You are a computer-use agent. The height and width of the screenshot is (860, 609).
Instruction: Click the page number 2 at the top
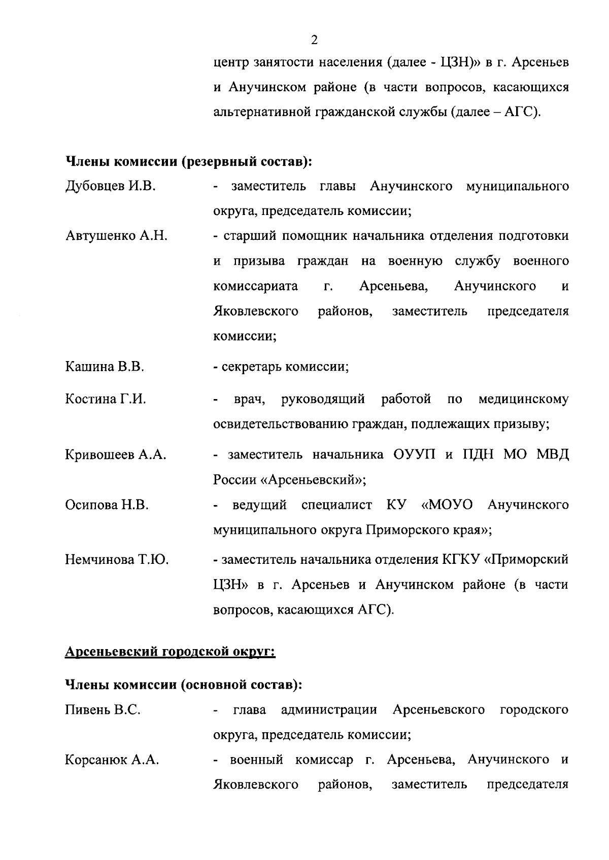pyautogui.click(x=314, y=40)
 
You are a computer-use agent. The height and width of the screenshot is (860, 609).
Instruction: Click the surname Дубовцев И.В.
pyautogui.click(x=110, y=187)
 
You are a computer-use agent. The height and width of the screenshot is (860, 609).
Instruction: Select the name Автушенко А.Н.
pyautogui.click(x=116, y=236)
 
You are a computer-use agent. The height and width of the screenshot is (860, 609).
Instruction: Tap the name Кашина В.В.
pyautogui.click(x=105, y=367)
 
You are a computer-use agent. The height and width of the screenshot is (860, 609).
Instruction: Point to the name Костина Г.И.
pyautogui.click(x=106, y=400)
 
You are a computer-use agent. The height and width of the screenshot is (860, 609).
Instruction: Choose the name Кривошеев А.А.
pyautogui.click(x=116, y=455)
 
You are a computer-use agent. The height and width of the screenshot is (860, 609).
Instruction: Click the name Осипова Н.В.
pyautogui.click(x=107, y=505)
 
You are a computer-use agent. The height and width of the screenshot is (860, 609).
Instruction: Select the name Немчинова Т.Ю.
pyautogui.click(x=117, y=560)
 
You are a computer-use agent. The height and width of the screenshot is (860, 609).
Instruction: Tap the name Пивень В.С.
pyautogui.click(x=103, y=710)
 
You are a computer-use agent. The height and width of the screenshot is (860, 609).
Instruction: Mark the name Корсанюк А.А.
pyautogui.click(x=112, y=760)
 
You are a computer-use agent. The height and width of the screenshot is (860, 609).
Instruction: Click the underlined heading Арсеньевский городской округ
pyautogui.click(x=170, y=652)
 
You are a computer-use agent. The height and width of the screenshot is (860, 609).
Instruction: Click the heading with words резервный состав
pyautogui.click(x=188, y=162)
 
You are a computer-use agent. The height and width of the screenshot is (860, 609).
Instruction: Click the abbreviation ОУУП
pyautogui.click(x=414, y=455)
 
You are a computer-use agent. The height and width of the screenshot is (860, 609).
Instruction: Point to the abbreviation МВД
pyautogui.click(x=553, y=455)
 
